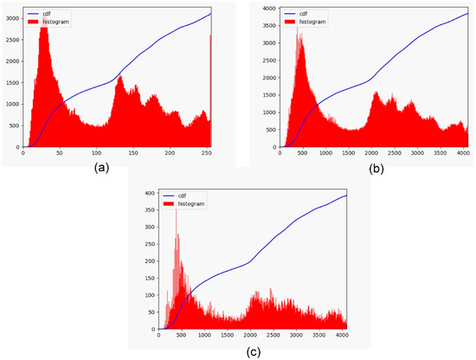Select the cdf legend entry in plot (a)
tap(44, 13)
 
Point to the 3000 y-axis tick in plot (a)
tap(11, 16)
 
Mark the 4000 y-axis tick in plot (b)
tap(268, 8)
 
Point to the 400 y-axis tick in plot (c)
tap(149, 193)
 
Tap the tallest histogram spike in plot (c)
tap(177, 212)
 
